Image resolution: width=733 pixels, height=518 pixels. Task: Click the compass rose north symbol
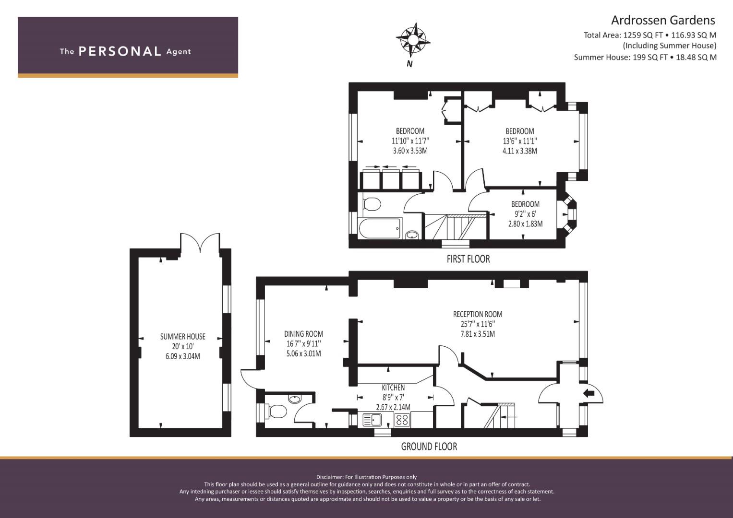click(x=413, y=41)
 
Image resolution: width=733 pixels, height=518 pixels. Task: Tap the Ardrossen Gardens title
click(x=663, y=20)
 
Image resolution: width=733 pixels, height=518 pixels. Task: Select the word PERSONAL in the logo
click(x=120, y=51)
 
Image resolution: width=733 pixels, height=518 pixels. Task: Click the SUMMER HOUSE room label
click(x=182, y=337)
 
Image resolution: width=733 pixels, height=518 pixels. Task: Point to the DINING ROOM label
click(x=303, y=334)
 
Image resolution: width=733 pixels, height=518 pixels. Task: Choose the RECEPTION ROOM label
click(x=478, y=314)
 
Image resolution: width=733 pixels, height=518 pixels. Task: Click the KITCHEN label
click(x=393, y=388)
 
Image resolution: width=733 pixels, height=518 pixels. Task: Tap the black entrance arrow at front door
click(x=589, y=394)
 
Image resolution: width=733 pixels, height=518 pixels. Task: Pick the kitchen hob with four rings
click(x=402, y=420)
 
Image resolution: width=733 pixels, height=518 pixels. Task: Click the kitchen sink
click(x=372, y=420)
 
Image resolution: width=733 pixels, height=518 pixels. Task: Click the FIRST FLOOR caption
click(x=469, y=259)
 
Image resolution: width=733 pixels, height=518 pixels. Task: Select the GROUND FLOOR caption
click(x=429, y=447)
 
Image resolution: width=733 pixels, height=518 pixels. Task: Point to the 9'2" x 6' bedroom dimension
click(x=525, y=214)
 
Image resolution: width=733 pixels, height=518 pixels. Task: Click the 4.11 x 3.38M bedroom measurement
click(x=520, y=151)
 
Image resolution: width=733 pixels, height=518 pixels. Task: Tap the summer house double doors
click(x=200, y=241)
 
